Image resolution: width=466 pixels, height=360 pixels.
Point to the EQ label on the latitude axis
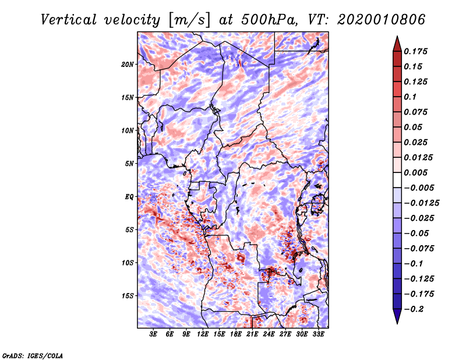[x=129, y=196]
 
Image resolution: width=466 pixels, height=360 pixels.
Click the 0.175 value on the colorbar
[x=416, y=51]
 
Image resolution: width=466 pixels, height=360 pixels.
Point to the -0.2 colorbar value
[x=415, y=309]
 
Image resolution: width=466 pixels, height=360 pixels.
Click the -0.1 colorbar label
[x=414, y=263]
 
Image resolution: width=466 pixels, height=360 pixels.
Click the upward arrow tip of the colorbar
[x=397, y=38]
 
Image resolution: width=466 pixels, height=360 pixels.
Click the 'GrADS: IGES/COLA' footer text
[x=32, y=355]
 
